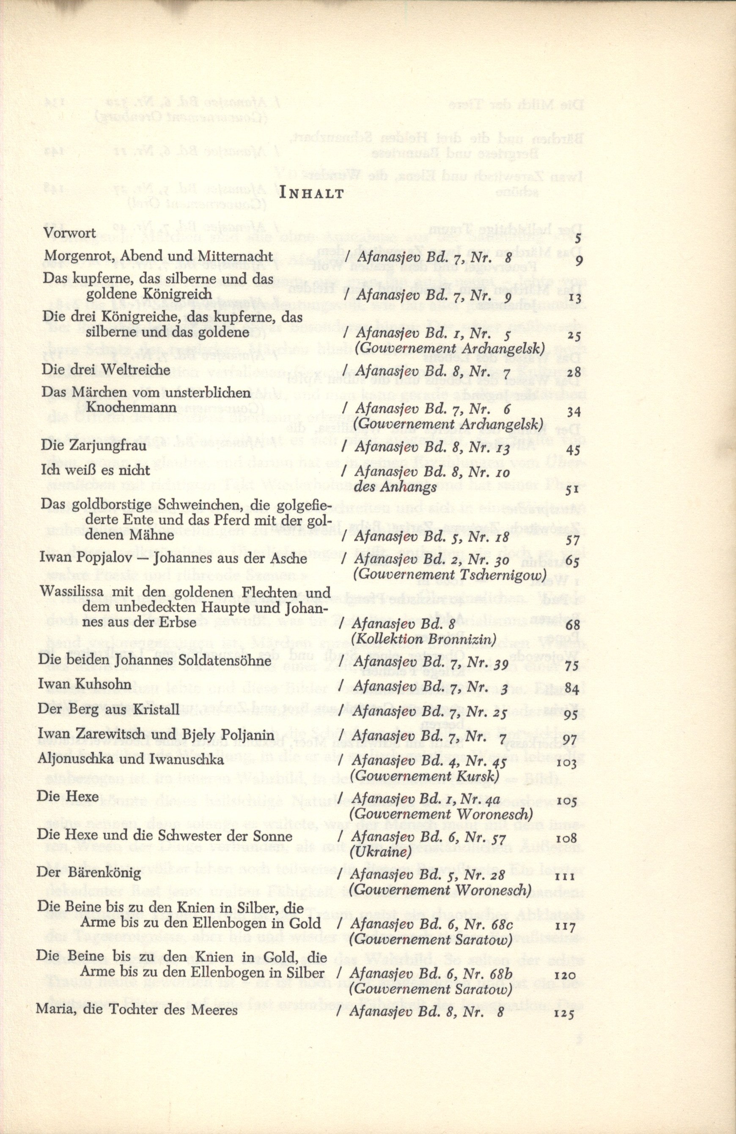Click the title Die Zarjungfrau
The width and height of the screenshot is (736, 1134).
[87, 444]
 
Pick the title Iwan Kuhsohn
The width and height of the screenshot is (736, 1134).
[80, 686]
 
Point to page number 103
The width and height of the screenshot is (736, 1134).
[567, 764]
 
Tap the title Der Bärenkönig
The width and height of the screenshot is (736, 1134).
[89, 873]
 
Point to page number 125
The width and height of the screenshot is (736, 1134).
[566, 999]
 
